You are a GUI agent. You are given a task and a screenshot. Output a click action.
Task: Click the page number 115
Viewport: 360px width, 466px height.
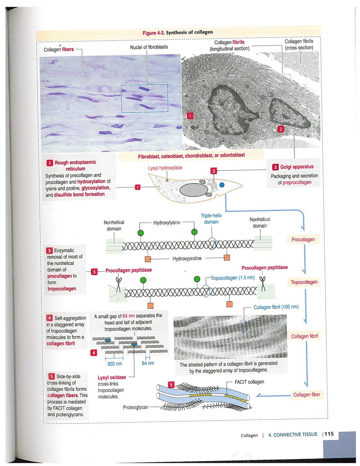click(329, 434)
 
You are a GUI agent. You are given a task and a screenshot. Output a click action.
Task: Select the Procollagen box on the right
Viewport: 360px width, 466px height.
click(303, 239)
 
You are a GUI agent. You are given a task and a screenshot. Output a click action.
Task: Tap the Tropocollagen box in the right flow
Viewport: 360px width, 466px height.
click(304, 282)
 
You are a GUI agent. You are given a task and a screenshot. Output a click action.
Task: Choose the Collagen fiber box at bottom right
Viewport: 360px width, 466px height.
click(306, 395)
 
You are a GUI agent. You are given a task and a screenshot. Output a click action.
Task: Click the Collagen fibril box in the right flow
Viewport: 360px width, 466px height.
click(304, 336)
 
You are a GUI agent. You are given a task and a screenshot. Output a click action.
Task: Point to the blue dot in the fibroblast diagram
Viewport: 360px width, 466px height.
click(222, 185)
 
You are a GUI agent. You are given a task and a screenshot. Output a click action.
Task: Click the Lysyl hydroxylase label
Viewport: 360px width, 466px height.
click(165, 168)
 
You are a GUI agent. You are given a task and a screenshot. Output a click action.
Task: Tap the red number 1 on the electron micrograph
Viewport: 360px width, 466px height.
click(190, 116)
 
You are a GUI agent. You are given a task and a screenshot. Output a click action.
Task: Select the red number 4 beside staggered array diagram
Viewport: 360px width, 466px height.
click(94, 352)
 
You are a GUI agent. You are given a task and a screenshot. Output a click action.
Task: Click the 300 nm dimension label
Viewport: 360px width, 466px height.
click(114, 364)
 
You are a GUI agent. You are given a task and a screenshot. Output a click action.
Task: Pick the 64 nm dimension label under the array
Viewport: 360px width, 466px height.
click(148, 363)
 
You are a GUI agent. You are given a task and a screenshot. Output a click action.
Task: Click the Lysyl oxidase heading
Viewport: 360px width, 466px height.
click(112, 377)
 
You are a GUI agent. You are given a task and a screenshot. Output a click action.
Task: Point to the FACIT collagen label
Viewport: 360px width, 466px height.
click(249, 382)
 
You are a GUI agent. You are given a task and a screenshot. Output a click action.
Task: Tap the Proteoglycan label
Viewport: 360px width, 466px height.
click(136, 407)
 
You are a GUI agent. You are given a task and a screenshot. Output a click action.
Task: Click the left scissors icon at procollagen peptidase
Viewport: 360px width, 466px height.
click(119, 284)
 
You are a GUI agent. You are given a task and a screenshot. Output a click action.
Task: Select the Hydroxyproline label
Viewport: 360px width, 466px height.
click(187, 258)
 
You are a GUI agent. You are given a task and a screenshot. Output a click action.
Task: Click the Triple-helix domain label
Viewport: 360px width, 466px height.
click(211, 219)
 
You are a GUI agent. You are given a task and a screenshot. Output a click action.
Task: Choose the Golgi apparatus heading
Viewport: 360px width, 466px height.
click(296, 167)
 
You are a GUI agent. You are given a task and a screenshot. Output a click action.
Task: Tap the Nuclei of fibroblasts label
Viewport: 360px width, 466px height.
click(149, 47)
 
